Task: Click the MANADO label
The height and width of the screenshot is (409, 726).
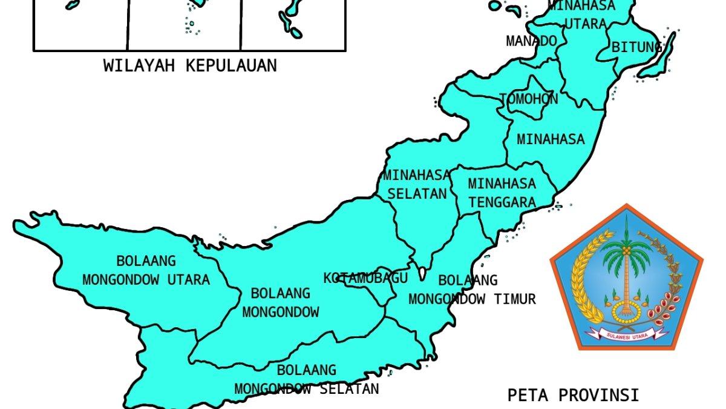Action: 531,41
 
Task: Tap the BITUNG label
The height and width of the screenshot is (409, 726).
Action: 636,47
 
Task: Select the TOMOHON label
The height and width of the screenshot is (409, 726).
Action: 528,99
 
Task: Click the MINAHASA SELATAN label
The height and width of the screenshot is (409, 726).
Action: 416,184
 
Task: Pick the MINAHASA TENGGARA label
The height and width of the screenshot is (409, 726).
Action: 502,192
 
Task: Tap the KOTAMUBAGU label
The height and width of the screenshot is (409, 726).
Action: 365,278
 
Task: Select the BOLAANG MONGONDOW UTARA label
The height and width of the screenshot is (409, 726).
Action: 146,270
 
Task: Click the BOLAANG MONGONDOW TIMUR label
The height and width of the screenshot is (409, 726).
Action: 472,290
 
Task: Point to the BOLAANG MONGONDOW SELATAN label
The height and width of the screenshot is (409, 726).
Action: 306,379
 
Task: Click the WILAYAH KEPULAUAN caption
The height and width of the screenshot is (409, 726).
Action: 189,65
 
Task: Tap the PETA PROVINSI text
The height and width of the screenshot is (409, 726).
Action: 572,395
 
